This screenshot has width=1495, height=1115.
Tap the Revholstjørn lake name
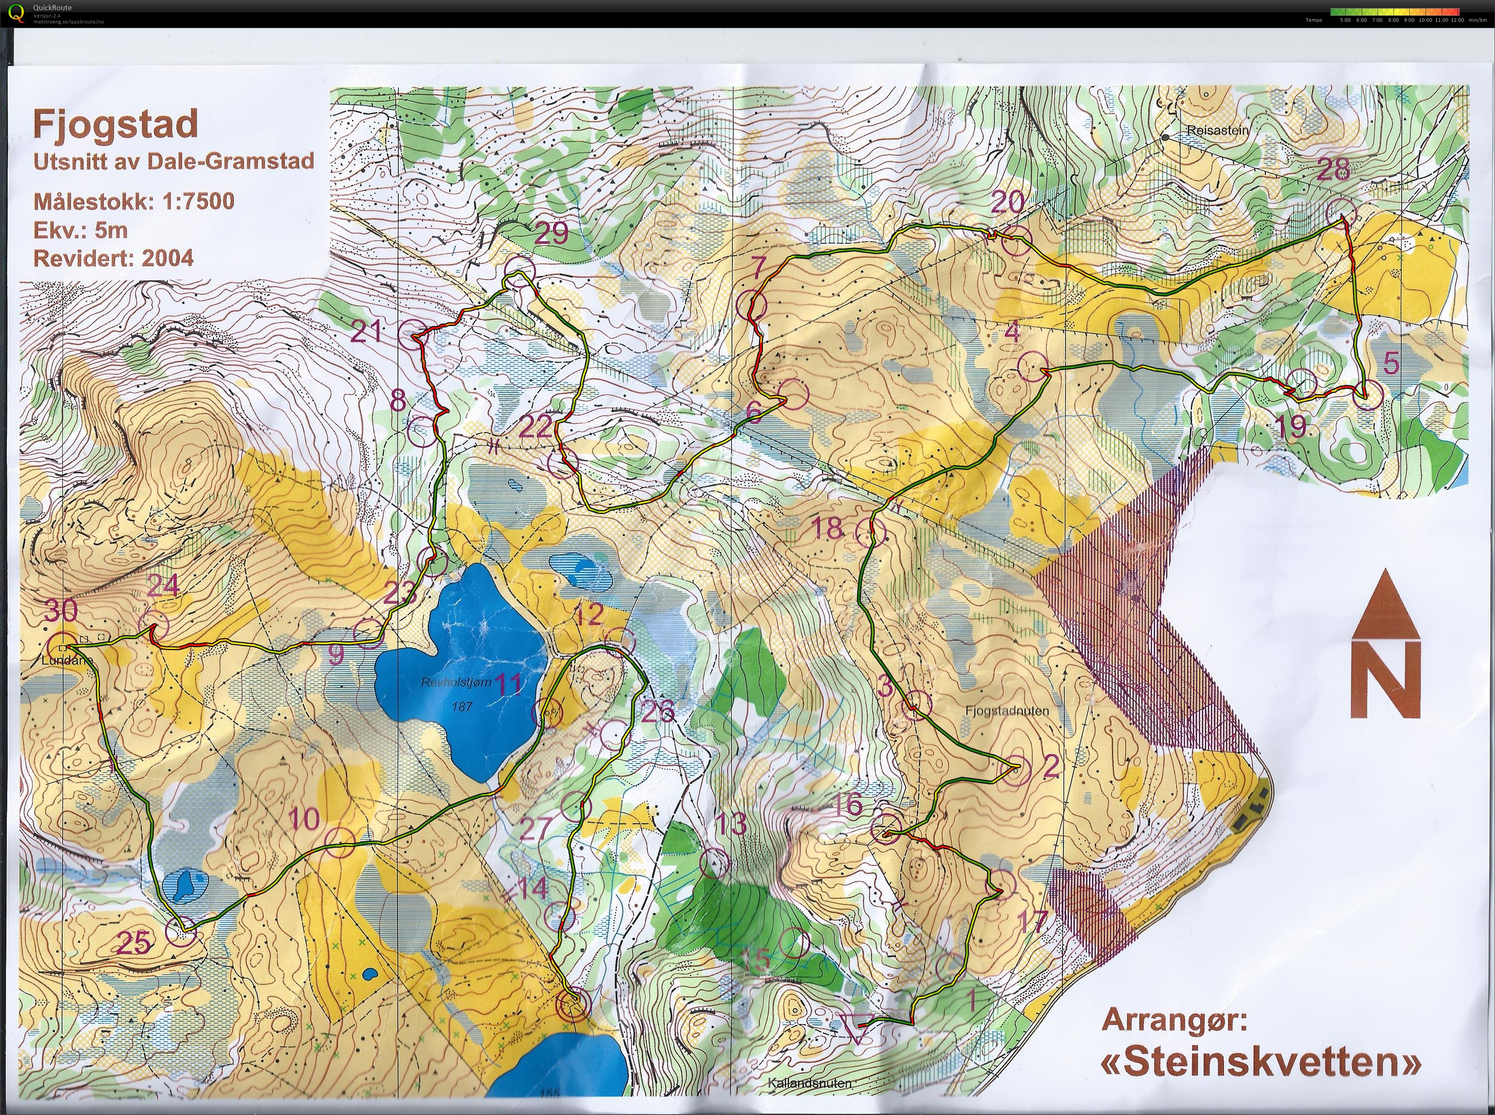(x=456, y=683)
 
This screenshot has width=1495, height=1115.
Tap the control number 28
(x=1334, y=169)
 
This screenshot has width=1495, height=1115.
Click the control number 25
(x=134, y=943)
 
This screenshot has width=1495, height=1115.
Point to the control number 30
(x=61, y=611)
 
